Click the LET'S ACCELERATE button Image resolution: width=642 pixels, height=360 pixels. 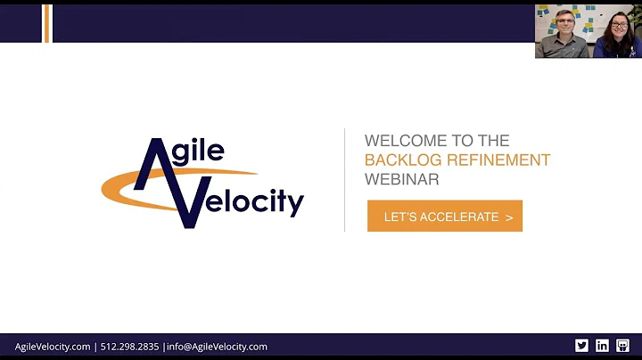444,217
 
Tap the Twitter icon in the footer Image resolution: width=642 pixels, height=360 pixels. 581,346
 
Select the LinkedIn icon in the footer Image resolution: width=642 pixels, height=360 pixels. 602,346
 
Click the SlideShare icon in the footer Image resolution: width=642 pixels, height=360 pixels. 622,346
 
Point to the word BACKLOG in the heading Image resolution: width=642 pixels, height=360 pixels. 399,160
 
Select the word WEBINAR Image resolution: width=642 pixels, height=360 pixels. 401,179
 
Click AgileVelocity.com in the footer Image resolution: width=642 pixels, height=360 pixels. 53,347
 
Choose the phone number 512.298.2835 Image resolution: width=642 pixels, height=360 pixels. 129,347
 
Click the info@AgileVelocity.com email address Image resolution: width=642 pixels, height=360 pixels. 217,347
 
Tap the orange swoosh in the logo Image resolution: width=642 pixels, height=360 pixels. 120,187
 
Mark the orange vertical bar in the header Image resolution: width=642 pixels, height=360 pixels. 47,23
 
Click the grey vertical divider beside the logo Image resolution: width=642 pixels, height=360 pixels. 345,179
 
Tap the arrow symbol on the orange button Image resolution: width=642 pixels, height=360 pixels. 509,217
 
